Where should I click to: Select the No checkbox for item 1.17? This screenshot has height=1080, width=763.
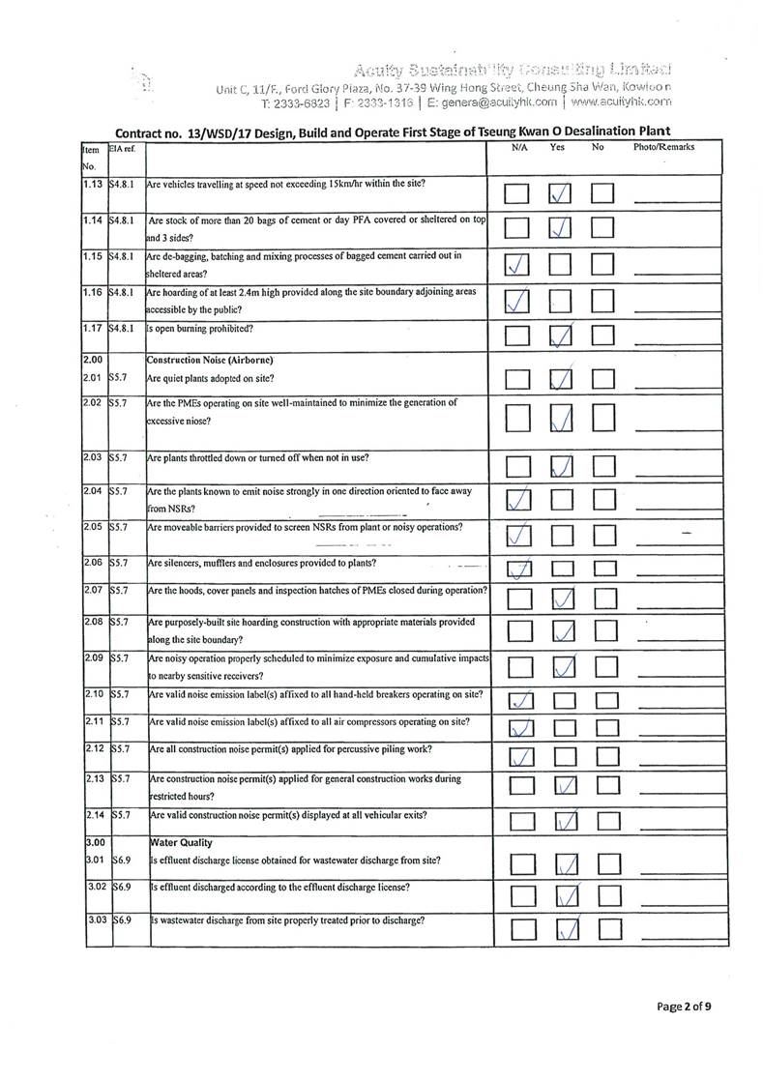coord(604,336)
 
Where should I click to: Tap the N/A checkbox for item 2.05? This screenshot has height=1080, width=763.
coord(518,534)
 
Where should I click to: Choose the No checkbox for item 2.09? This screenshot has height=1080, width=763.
coord(604,666)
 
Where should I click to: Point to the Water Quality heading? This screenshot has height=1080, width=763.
coord(178,841)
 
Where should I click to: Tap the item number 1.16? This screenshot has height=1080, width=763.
coord(94,291)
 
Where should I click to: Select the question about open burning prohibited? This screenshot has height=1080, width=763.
coord(200,327)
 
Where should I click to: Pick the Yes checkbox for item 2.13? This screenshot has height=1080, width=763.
coord(567,788)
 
